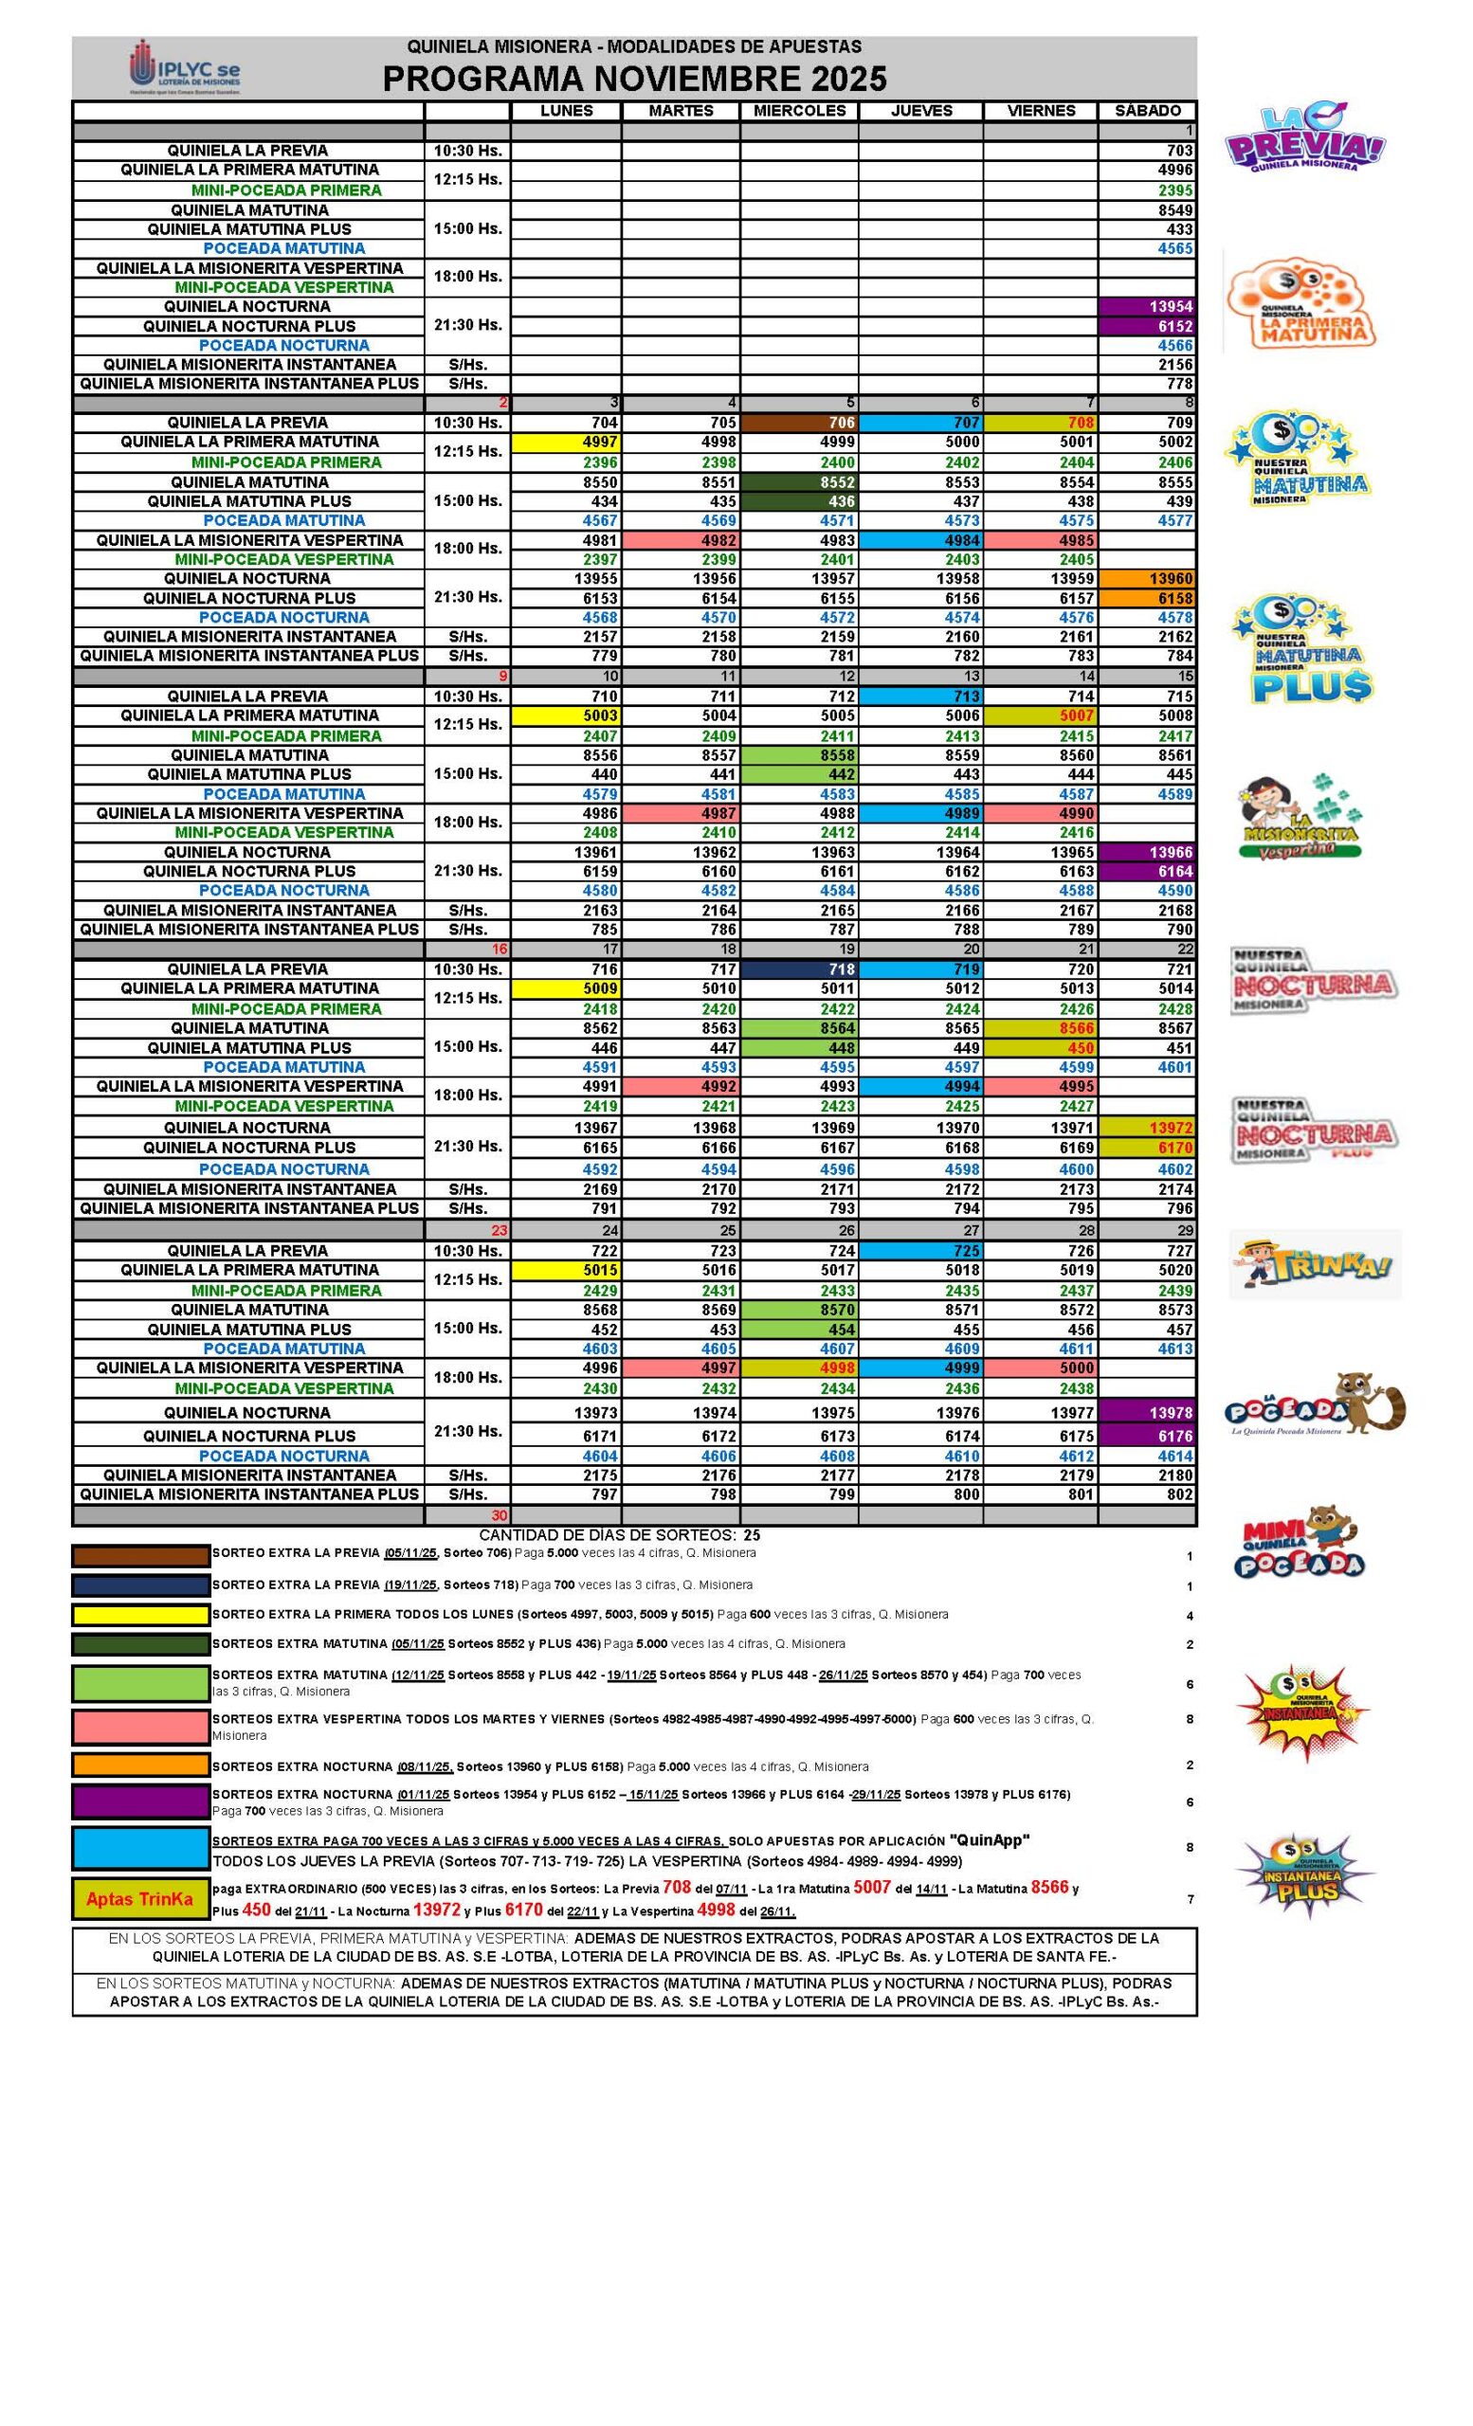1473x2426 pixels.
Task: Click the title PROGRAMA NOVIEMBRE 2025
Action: [x=634, y=79]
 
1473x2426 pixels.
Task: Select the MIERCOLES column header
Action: [x=798, y=111]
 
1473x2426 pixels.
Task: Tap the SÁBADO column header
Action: [x=1146, y=111]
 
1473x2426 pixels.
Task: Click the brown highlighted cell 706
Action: [x=798, y=423]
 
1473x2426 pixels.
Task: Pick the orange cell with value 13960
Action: [x=1146, y=579]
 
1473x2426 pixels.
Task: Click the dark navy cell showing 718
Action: [x=798, y=969]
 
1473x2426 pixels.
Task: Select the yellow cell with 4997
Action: [x=566, y=442]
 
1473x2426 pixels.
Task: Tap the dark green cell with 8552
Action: [x=798, y=482]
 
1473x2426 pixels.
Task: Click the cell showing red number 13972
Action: [x=1146, y=1128]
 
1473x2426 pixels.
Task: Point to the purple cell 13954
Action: [x=1146, y=307]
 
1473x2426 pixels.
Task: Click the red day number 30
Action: [x=500, y=1515]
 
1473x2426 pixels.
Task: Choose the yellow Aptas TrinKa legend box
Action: [x=140, y=1899]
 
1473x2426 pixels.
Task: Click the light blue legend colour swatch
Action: [x=140, y=1848]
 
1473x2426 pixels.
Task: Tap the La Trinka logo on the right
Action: [x=1314, y=1265]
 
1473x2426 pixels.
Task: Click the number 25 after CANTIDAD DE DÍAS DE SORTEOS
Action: [x=753, y=1535]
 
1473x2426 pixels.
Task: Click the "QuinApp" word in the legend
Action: [x=989, y=1840]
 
